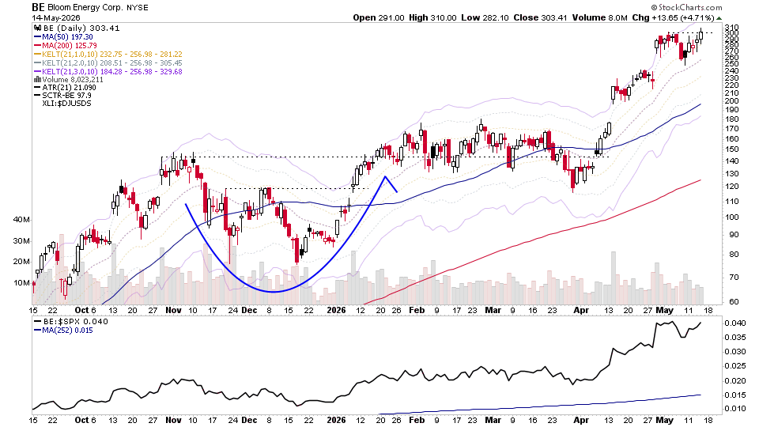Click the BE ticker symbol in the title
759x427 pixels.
pyautogui.click(x=38, y=7)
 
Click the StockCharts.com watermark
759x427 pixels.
pyautogui.click(x=686, y=7)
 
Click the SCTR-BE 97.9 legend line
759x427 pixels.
pyautogui.click(x=63, y=96)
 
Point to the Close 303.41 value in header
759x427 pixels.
pyautogui.click(x=540, y=17)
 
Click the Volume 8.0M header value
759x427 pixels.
pyautogui.click(x=600, y=17)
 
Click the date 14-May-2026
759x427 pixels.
pyautogui.click(x=56, y=18)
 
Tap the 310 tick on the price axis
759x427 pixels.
pyautogui.click(x=731, y=27)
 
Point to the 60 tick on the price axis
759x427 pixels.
pyautogui.click(x=734, y=301)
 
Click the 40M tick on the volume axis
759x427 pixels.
pyautogui.click(x=22, y=219)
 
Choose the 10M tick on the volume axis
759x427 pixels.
pyautogui.click(x=22, y=283)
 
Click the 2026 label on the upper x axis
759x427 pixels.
pyautogui.click(x=337, y=310)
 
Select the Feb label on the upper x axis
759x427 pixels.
pyautogui.click(x=417, y=310)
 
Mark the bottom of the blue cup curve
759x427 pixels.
pyautogui.click(x=273, y=292)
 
